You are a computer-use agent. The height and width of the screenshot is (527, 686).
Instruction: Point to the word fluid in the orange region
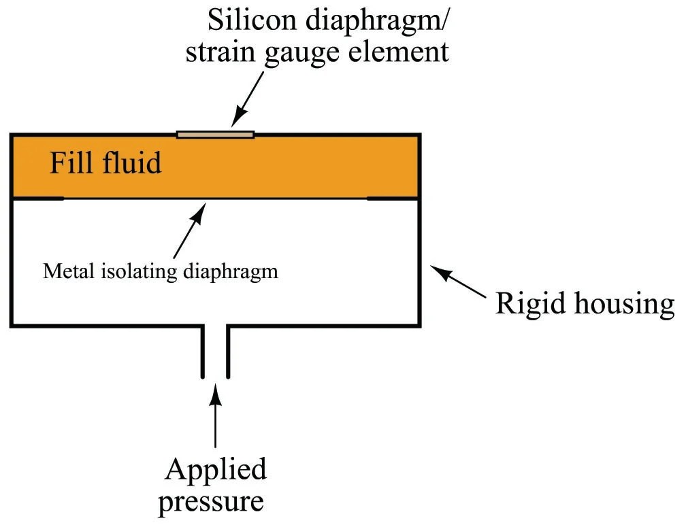click(131, 163)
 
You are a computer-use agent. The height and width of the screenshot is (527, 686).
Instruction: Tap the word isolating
click(131, 271)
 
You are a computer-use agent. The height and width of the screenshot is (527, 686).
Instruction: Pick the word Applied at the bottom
click(216, 469)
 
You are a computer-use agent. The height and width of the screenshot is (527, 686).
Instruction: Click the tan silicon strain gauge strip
click(215, 134)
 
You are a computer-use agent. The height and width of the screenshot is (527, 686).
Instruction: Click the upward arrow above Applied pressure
click(216, 415)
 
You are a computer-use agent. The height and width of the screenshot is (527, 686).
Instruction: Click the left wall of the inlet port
click(203, 351)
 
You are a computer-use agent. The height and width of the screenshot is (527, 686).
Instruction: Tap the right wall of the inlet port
click(228, 351)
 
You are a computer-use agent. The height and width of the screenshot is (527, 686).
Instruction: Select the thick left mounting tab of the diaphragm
click(38, 199)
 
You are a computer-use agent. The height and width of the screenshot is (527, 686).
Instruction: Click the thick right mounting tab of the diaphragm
click(392, 199)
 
